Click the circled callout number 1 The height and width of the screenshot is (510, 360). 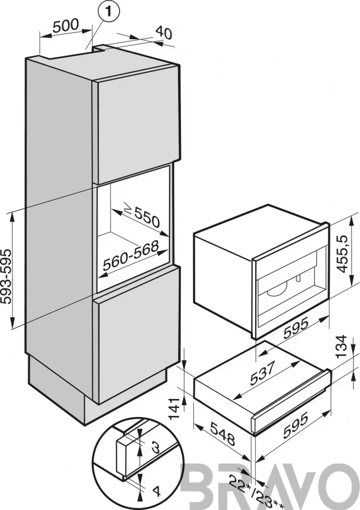108,12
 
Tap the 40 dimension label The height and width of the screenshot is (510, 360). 164,32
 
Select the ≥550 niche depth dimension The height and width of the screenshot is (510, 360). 142,216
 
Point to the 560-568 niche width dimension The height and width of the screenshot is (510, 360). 130,256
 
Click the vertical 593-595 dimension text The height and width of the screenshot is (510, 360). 6,277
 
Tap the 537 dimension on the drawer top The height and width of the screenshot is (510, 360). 263,372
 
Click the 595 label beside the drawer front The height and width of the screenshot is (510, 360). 295,425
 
